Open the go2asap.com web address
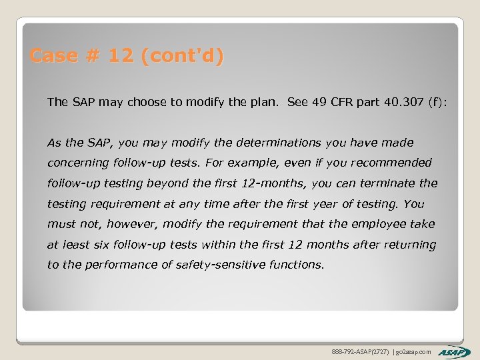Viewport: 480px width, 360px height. point(415,351)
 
